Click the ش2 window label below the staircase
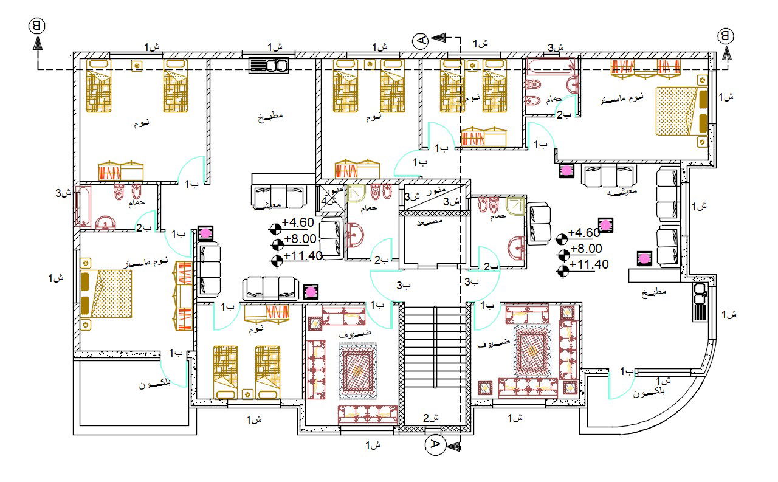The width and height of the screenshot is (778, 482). pyautogui.click(x=430, y=418)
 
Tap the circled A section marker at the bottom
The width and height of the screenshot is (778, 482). pyautogui.click(x=434, y=445)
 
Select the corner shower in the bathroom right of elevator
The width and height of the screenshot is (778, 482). pyautogui.click(x=515, y=205)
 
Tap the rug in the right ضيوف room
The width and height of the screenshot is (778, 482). pyautogui.click(x=532, y=350)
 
